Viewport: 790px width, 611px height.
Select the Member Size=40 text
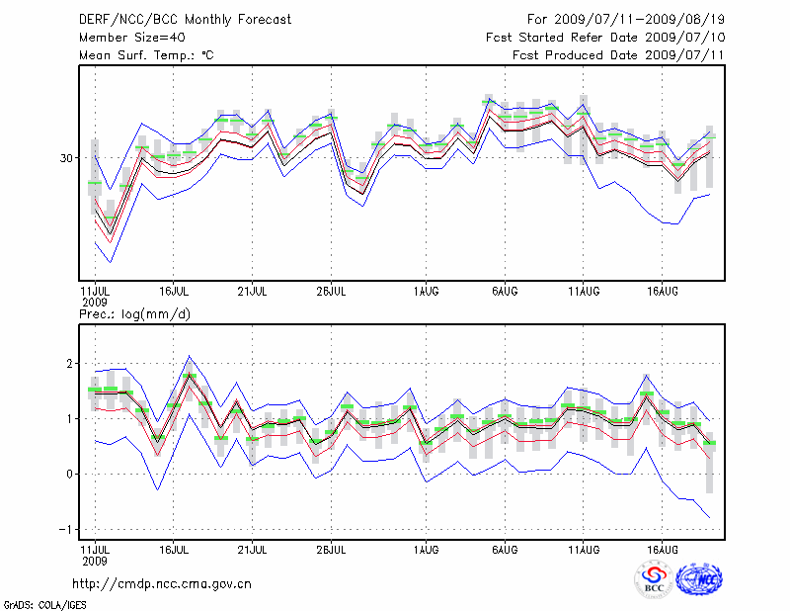pyautogui.click(x=124, y=38)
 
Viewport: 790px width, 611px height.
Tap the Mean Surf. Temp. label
pyautogui.click(x=146, y=55)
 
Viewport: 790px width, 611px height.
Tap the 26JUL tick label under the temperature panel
pyautogui.click(x=331, y=292)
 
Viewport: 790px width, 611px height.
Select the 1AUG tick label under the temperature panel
pyautogui.click(x=427, y=292)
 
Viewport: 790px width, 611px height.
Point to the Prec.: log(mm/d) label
pyautogui.click(x=135, y=313)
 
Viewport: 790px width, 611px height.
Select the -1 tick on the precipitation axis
pyautogui.click(x=67, y=529)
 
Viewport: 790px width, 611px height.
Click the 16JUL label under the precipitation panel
pyautogui.click(x=174, y=548)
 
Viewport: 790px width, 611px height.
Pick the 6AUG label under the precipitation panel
pyautogui.click(x=505, y=548)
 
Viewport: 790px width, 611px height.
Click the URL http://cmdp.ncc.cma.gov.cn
pyautogui.click(x=162, y=584)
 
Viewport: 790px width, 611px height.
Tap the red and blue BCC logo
pyautogui.click(x=654, y=579)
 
